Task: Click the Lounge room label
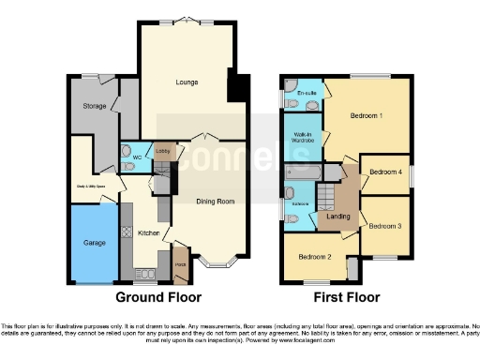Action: click(x=186, y=82)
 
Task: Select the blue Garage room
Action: click(x=92, y=244)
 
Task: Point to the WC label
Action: click(x=136, y=156)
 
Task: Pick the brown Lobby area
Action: click(x=162, y=150)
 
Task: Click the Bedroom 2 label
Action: click(x=315, y=256)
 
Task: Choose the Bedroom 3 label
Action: click(x=384, y=226)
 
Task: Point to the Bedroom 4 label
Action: click(x=385, y=172)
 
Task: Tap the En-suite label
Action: click(x=306, y=94)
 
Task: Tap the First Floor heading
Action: click(x=346, y=297)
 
